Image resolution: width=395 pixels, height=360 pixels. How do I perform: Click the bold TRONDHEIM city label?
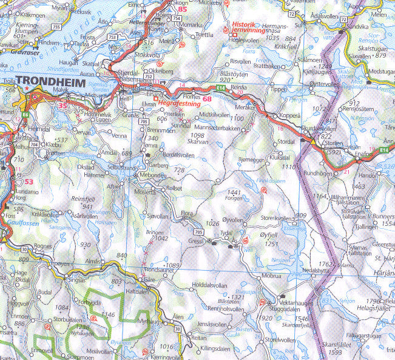coord(52,81)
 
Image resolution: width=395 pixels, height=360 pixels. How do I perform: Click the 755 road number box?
coord(56,27)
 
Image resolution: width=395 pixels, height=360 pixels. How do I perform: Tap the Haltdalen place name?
coord(137,291)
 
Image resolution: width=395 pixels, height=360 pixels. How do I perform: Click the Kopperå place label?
coord(288,115)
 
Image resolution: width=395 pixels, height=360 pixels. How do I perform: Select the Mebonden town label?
coord(153,174)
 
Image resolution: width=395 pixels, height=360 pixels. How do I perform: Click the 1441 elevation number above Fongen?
coord(234,192)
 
